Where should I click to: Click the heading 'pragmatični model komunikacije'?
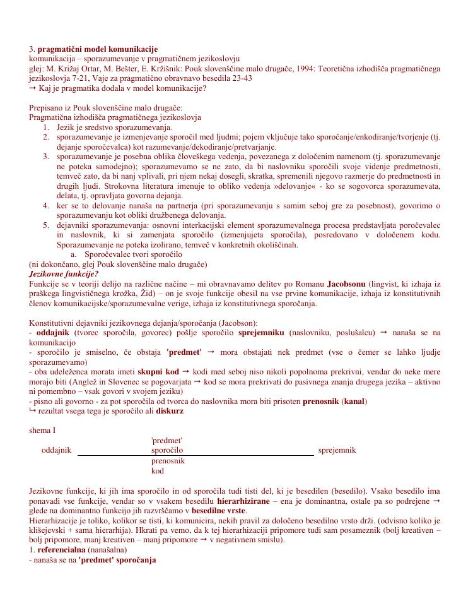[x=98, y=49]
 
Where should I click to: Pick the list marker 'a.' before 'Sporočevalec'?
[x=74, y=254]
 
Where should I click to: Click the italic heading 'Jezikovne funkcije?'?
[x=64, y=274]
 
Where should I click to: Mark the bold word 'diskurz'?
[x=170, y=411]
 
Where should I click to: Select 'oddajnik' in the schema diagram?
[x=56, y=450]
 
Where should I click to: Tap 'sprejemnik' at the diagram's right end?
[x=337, y=450]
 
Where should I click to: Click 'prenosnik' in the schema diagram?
[x=168, y=461]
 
